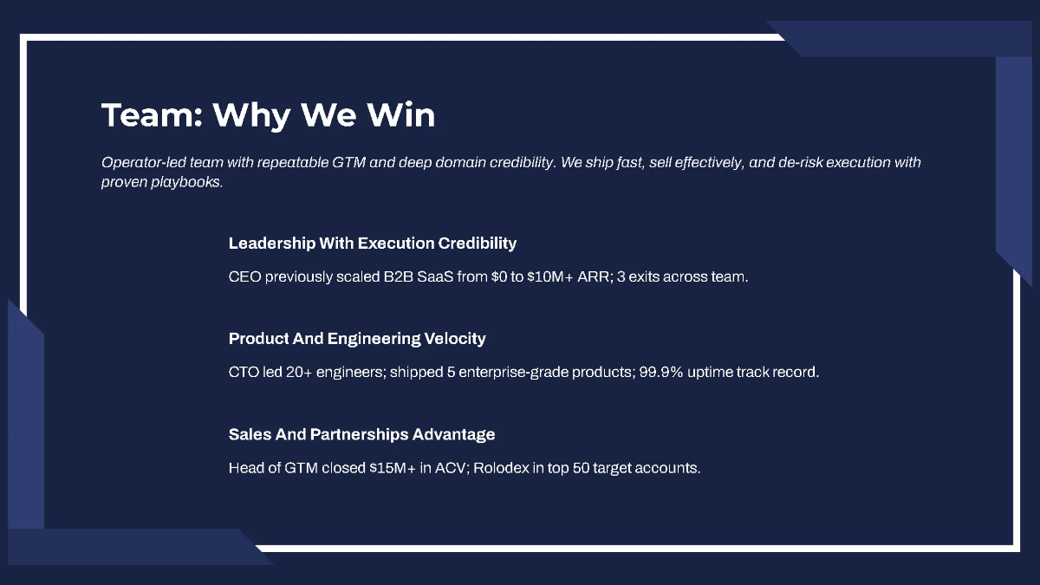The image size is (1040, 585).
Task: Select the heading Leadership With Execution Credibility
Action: click(x=373, y=244)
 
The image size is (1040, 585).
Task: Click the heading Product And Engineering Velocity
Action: click(x=357, y=339)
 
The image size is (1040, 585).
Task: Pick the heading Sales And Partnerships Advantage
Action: click(x=361, y=434)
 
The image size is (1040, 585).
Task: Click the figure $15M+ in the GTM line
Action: click(x=393, y=468)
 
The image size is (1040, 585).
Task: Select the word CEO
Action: click(x=244, y=277)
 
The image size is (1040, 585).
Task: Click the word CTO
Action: click(x=244, y=373)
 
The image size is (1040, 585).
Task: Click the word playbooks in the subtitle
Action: click(x=191, y=183)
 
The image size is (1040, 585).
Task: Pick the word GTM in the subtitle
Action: click(x=350, y=163)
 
